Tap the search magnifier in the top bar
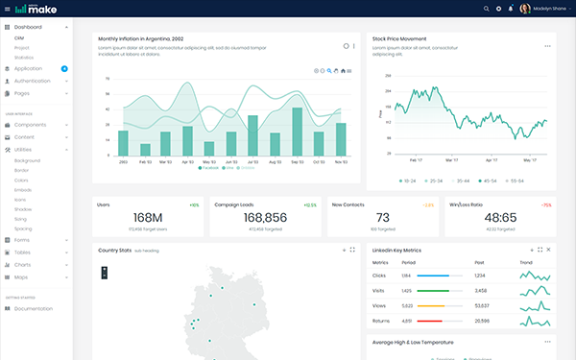click(x=487, y=9)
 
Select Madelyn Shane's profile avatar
click(x=525, y=9)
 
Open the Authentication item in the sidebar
click(x=38, y=81)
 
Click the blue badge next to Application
click(x=64, y=69)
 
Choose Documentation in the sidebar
click(x=34, y=308)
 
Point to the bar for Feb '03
click(x=145, y=150)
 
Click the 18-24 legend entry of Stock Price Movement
click(x=407, y=180)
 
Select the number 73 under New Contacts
click(x=382, y=218)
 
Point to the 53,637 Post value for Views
click(x=481, y=305)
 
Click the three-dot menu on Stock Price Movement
click(x=547, y=45)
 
